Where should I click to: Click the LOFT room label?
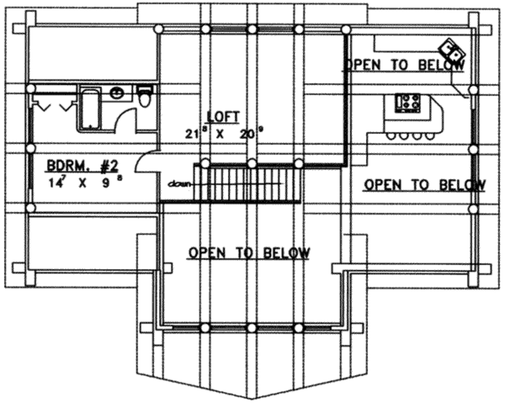223,117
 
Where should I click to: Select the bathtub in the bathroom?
91,110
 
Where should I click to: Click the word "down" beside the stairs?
178,184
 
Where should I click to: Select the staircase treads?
254,183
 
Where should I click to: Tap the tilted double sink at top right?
451,49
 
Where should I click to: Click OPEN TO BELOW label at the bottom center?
249,253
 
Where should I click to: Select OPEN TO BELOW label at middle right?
424,185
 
